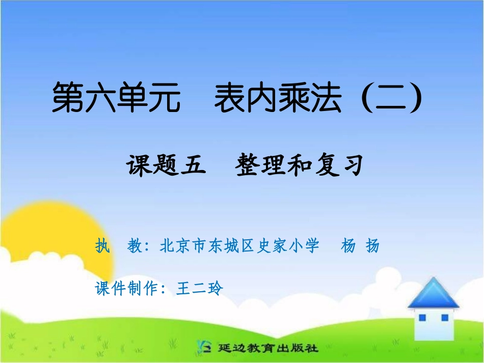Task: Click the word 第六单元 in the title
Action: [x=116, y=98]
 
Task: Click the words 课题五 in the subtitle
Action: [x=166, y=166]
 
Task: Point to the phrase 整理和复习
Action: [x=299, y=166]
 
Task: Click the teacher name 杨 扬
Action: [x=360, y=246]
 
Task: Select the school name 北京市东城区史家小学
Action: [x=239, y=246]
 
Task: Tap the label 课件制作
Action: [x=127, y=289]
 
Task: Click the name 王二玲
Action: [x=200, y=289]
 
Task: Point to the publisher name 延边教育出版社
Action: [x=268, y=349]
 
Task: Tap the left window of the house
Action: [x=422, y=318]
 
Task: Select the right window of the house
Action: [x=445, y=318]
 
